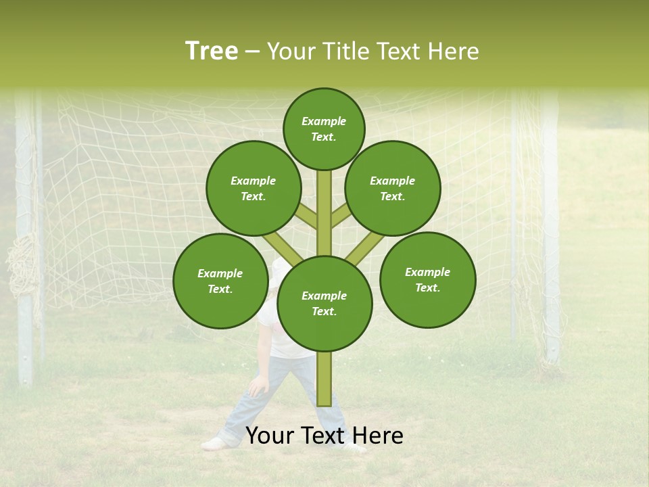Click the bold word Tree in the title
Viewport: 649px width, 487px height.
(212, 51)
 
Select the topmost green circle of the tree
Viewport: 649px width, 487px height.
(324, 129)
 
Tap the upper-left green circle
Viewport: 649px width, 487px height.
(254, 188)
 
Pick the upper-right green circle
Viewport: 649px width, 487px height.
(393, 188)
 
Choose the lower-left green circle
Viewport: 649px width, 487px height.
(220, 281)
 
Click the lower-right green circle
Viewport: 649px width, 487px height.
(428, 279)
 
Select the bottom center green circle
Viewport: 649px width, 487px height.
(324, 303)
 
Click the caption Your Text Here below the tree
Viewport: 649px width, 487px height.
(324, 436)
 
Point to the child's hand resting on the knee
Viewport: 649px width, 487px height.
(258, 388)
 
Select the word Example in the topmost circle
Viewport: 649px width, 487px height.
(324, 121)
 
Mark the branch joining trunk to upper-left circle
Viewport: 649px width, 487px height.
(306, 216)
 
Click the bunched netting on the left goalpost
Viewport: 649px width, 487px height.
(24, 271)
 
